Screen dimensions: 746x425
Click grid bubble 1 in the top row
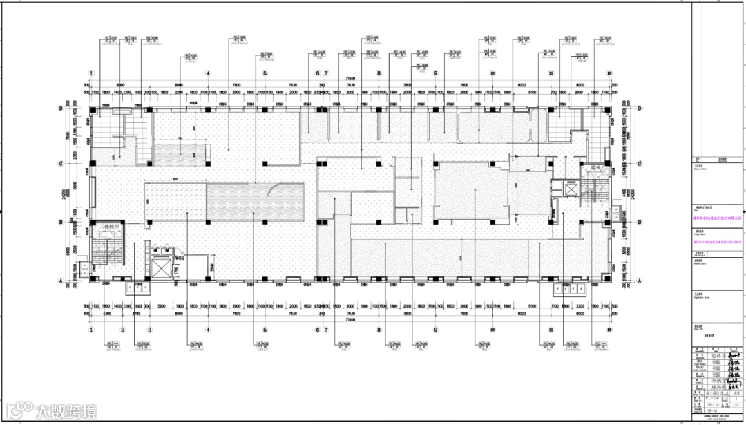tap(90, 73)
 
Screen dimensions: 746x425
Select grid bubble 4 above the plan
tap(207, 73)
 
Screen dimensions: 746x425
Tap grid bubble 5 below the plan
tap(265, 330)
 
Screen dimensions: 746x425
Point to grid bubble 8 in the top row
tap(379, 73)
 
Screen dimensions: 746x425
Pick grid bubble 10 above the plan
tap(493, 73)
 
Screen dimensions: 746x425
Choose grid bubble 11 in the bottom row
tap(551, 330)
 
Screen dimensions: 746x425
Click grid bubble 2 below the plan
tap(122, 330)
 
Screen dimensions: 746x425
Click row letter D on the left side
tap(61, 109)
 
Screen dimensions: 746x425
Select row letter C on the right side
tap(640, 163)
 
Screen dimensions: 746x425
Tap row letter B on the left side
tap(61, 222)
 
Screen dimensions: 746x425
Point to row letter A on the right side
tap(640, 279)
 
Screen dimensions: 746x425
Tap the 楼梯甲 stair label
tap(111, 227)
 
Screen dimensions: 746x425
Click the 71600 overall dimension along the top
tap(350, 80)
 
